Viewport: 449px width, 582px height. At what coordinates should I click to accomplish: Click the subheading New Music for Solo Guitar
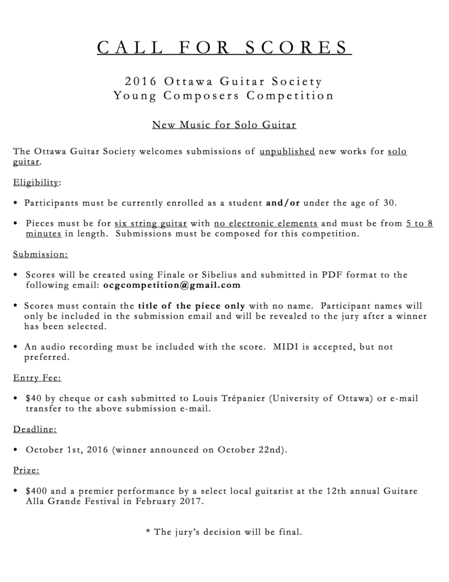point(224,124)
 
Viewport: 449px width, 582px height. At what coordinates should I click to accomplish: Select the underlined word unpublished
point(287,152)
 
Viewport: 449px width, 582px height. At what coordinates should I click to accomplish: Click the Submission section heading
point(40,254)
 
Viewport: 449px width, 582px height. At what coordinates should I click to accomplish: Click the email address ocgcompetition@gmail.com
point(171,285)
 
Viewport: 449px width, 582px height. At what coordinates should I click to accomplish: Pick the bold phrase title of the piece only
point(191,306)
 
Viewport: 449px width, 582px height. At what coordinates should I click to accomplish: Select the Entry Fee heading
point(37,377)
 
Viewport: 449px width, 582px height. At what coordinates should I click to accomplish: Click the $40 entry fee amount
point(32,398)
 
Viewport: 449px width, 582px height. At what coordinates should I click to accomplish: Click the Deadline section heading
point(35,429)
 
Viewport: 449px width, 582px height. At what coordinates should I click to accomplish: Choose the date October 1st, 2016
point(68,450)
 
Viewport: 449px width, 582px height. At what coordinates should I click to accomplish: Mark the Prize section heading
point(26,470)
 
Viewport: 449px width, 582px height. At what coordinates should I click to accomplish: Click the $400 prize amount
point(35,490)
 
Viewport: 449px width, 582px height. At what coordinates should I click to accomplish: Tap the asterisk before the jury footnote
point(148,531)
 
